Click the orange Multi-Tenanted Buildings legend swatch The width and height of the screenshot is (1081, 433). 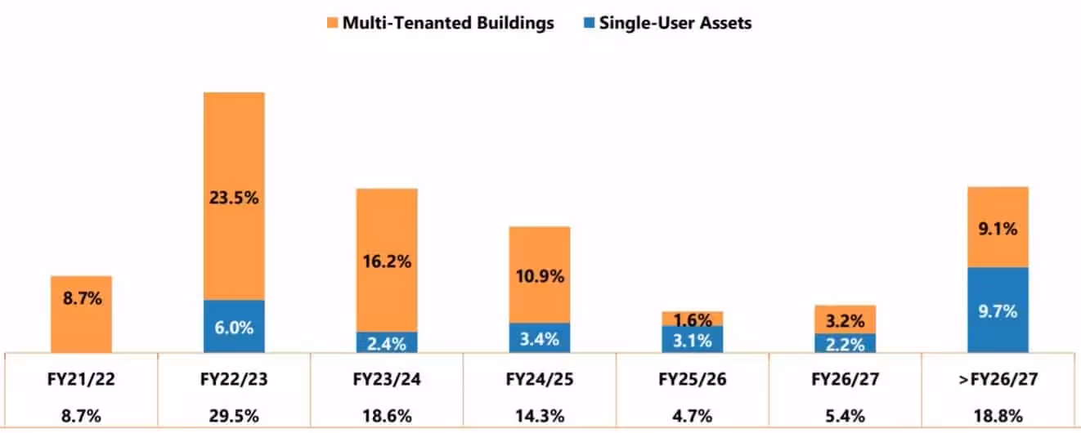click(332, 23)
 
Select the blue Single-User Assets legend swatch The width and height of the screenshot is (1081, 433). click(589, 23)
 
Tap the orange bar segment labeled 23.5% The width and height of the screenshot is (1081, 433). click(234, 196)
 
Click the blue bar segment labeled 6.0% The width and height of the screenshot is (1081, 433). click(234, 327)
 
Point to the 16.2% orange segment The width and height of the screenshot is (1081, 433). click(387, 261)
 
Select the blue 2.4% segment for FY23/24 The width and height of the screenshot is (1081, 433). click(387, 343)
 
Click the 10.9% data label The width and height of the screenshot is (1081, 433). click(540, 276)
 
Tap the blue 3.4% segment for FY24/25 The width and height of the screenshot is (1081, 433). click(540, 338)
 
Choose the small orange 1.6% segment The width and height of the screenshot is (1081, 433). click(693, 319)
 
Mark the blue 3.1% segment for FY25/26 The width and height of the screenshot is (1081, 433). click(693, 340)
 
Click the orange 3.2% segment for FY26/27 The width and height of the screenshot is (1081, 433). click(845, 319)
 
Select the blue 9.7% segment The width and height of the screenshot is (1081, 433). click(998, 310)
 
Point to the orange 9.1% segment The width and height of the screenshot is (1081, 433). click(998, 228)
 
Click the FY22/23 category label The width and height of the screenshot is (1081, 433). click(234, 379)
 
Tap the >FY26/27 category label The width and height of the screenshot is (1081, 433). click(998, 379)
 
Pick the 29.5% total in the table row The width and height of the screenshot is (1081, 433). click(234, 416)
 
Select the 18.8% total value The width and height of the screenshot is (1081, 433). click(998, 416)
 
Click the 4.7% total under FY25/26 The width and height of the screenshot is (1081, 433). click(693, 416)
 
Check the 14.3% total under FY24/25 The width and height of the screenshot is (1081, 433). click(540, 416)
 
